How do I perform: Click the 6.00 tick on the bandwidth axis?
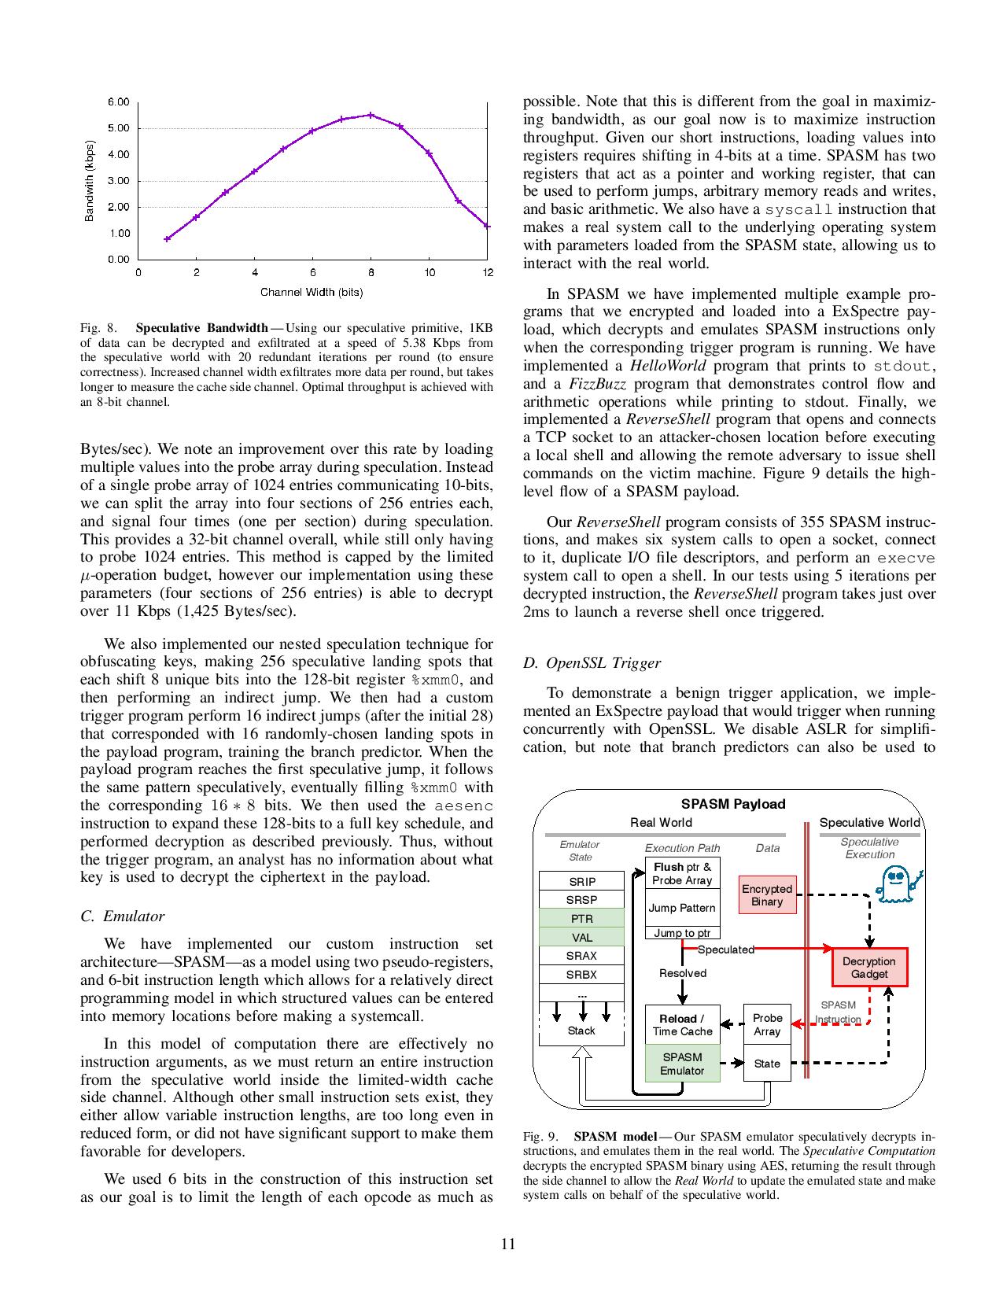coord(119,101)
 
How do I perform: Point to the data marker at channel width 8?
coord(371,115)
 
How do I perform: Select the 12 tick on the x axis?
coord(488,273)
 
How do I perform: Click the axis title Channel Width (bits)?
coord(312,293)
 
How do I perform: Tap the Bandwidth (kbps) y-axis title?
coord(90,182)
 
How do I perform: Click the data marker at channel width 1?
coord(167,238)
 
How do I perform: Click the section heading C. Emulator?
coord(122,916)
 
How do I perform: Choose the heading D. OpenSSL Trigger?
coord(592,662)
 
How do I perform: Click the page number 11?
coord(507,1244)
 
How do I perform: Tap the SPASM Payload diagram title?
coord(732,804)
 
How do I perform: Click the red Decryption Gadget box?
coord(869,968)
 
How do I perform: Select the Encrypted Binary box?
coord(767,895)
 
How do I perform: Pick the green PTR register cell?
coord(581,919)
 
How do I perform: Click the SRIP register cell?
coord(581,882)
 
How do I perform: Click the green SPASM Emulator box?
coord(682,1064)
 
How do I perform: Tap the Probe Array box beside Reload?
coord(767,1024)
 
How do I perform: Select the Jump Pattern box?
coord(682,908)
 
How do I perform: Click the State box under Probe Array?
coord(767,1064)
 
